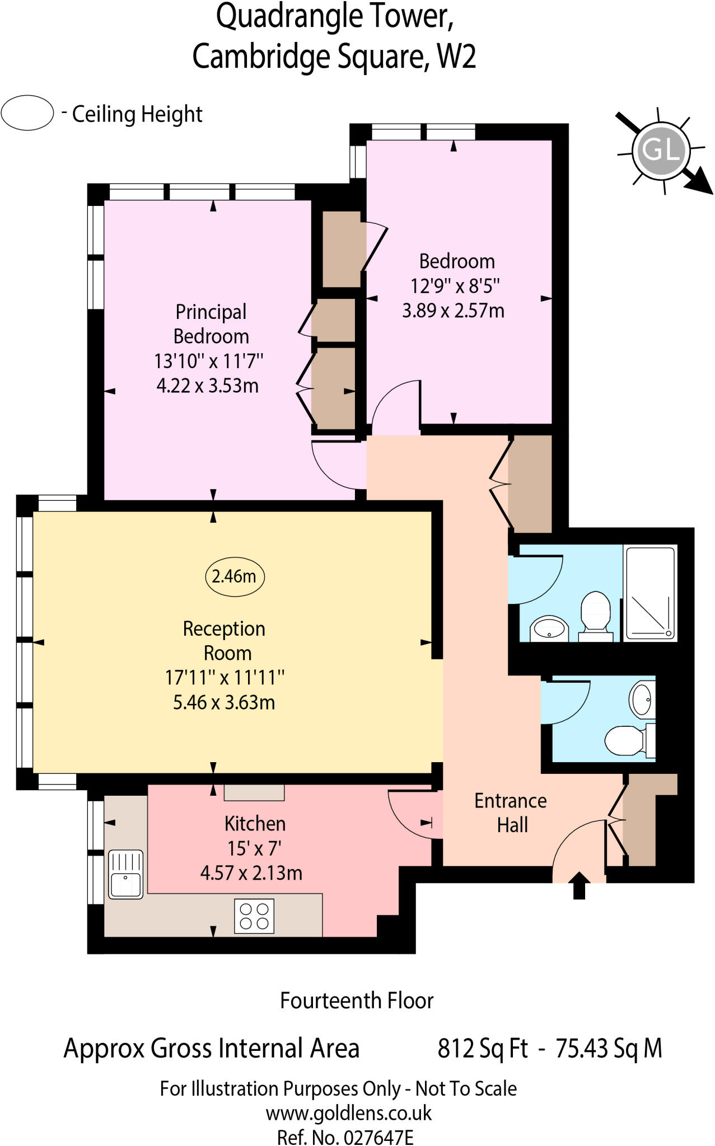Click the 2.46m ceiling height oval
[x=235, y=576]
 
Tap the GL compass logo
[x=661, y=150]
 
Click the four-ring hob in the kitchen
[x=254, y=916]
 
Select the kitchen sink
[x=125, y=875]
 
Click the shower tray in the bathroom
[x=650, y=594]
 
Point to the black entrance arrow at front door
[x=579, y=885]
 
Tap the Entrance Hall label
[x=510, y=812]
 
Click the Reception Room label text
[x=225, y=641]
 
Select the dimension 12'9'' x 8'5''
[x=454, y=286]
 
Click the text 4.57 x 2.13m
[x=251, y=873]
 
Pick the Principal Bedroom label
[x=211, y=324]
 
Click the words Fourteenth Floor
[x=357, y=1001]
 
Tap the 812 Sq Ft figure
[x=482, y=1048]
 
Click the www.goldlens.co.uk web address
[x=348, y=1114]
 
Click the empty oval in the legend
[x=27, y=114]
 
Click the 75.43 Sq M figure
[x=608, y=1048]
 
